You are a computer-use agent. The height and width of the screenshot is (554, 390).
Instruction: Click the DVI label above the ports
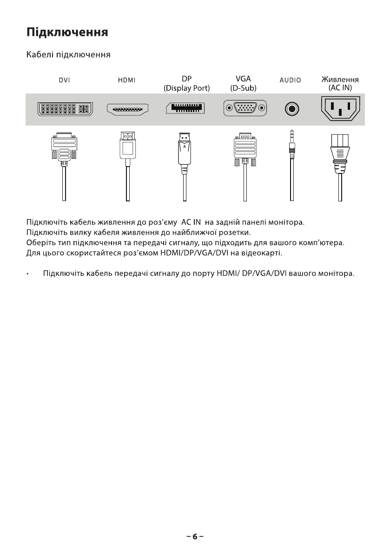point(64,80)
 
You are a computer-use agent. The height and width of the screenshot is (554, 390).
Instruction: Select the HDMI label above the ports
point(127,80)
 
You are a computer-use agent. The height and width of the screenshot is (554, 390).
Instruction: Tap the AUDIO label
point(291,80)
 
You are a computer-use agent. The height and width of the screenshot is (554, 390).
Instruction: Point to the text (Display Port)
point(187,88)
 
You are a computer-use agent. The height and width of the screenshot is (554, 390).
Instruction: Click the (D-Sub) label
point(244,88)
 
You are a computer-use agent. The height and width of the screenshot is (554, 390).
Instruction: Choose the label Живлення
point(340,79)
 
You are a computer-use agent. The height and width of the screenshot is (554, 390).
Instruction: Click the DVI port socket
point(64,110)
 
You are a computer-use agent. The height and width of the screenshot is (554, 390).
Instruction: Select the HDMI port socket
point(127,110)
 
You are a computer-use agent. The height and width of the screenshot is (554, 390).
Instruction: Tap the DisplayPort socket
point(185,109)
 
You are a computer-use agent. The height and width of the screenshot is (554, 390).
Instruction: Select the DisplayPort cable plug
point(185,150)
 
